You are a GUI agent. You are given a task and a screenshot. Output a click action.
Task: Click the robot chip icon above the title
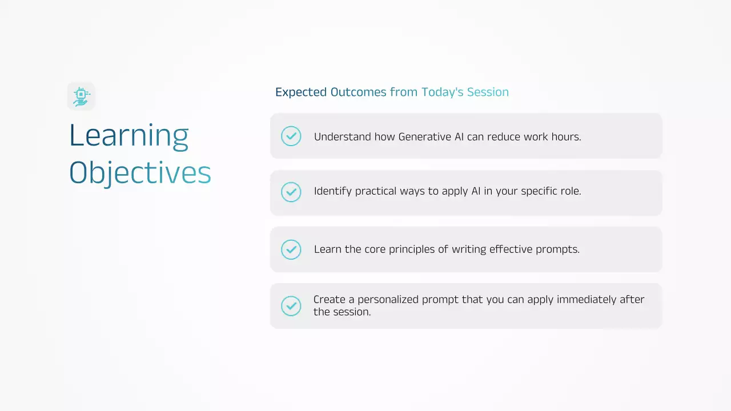pyautogui.click(x=81, y=96)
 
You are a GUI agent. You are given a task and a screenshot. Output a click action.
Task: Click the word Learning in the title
pyautogui.click(x=129, y=136)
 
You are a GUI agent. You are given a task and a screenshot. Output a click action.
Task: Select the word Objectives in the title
pyautogui.click(x=140, y=173)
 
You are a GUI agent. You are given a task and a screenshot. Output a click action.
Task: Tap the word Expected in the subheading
pyautogui.click(x=301, y=92)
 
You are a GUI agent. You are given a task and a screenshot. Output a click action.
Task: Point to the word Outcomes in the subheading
pyautogui.click(x=359, y=92)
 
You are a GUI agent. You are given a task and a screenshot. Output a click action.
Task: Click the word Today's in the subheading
pyautogui.click(x=442, y=92)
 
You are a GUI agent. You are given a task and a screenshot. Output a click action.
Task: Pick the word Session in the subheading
pyautogui.click(x=488, y=92)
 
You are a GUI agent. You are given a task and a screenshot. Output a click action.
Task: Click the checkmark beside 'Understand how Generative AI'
pyautogui.click(x=291, y=136)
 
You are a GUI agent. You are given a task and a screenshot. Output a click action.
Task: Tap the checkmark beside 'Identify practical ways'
pyautogui.click(x=291, y=192)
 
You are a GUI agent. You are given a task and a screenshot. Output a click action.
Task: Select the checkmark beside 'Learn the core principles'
pyautogui.click(x=291, y=249)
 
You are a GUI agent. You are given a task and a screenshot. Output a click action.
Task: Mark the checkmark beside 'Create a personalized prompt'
pyautogui.click(x=291, y=306)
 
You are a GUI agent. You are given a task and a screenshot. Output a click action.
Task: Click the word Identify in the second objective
pyautogui.click(x=333, y=191)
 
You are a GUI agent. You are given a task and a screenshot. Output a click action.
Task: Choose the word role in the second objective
pyautogui.click(x=571, y=191)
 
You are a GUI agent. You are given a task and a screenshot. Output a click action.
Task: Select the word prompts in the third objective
pyautogui.click(x=558, y=250)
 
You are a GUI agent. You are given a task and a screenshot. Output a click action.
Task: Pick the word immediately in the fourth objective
pyautogui.click(x=587, y=300)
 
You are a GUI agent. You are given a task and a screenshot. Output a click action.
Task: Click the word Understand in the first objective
pyautogui.click(x=342, y=136)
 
